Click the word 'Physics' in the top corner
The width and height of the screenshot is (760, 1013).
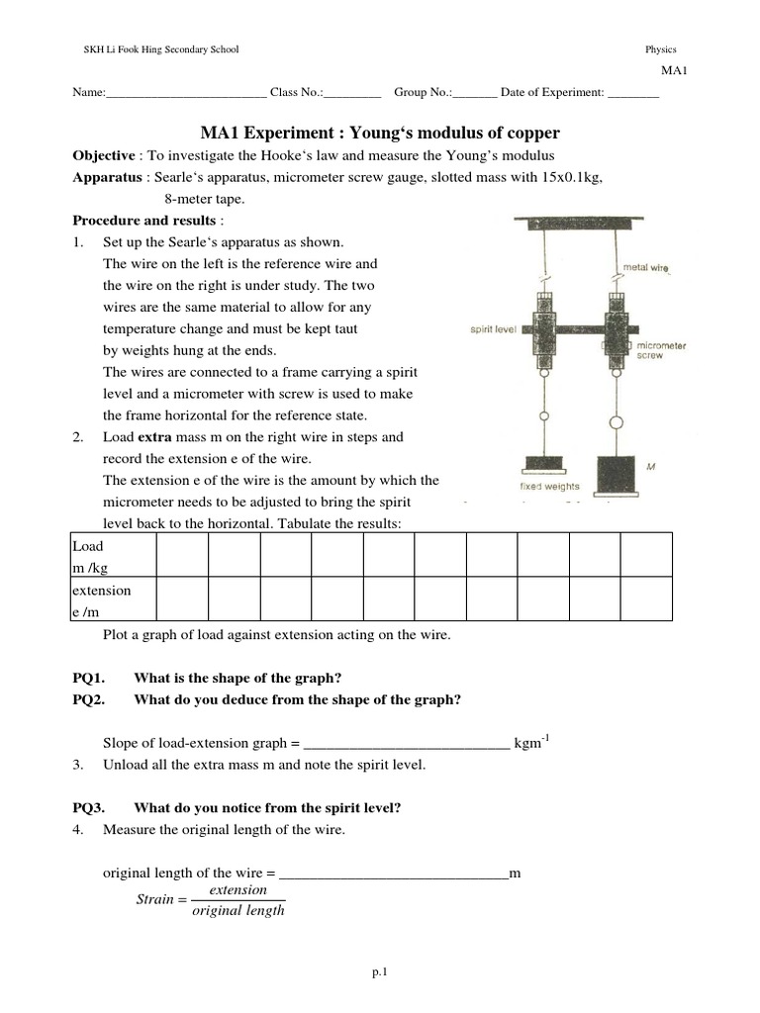click(660, 49)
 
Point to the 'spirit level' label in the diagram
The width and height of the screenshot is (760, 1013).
click(492, 329)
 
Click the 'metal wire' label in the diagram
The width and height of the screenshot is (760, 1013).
click(645, 267)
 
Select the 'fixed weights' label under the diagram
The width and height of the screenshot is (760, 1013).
click(551, 486)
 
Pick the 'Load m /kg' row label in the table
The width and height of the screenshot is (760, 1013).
click(88, 555)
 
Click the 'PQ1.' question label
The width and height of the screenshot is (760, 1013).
click(89, 678)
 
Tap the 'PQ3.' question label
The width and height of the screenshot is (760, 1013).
click(89, 807)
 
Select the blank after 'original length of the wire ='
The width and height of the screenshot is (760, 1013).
click(394, 874)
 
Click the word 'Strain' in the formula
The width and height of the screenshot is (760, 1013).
click(154, 899)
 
